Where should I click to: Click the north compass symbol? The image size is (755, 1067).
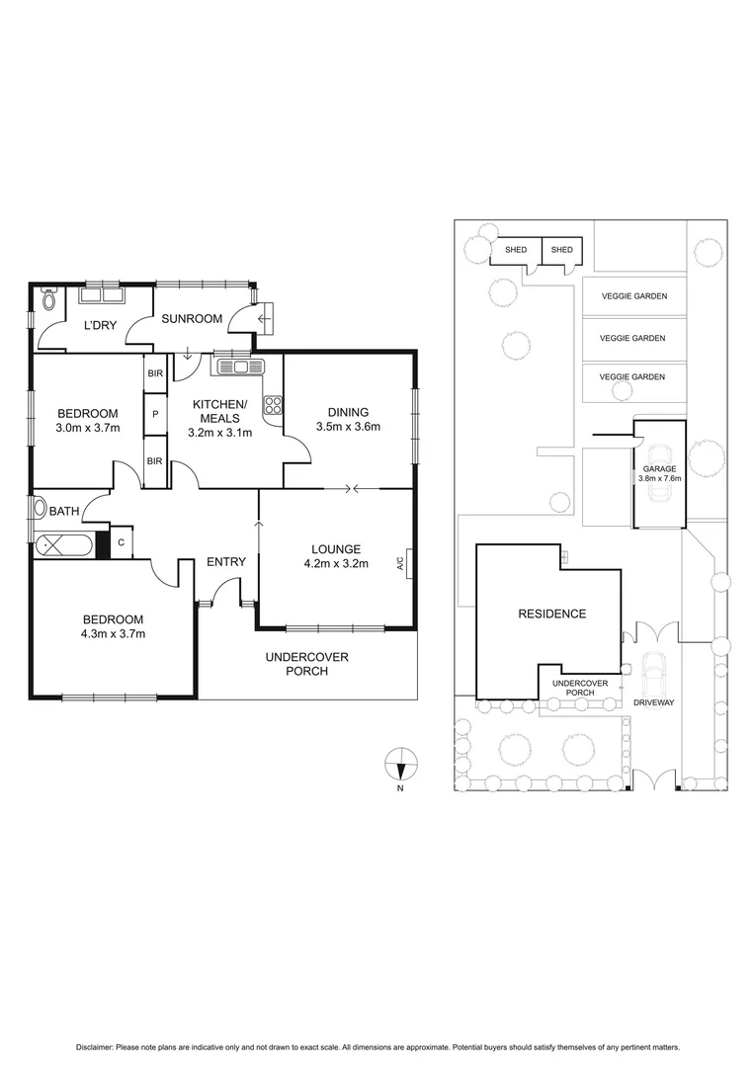point(400,764)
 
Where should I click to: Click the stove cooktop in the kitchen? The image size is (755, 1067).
point(273,403)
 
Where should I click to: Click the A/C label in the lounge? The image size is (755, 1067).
point(400,564)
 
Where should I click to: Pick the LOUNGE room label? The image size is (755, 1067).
point(335,549)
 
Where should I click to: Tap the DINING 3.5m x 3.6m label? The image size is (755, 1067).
point(347,419)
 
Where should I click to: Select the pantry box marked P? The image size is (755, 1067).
point(155,415)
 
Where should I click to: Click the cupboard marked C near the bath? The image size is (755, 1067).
point(121,542)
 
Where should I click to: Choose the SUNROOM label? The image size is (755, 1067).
point(190,320)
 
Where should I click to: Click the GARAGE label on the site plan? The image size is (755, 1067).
point(659,469)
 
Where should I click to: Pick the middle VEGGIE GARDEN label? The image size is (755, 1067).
point(632,338)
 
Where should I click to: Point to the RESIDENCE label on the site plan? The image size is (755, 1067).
point(551,614)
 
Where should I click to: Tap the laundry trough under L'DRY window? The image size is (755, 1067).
point(100,293)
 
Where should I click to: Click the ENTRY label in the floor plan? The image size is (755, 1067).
point(225,562)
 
